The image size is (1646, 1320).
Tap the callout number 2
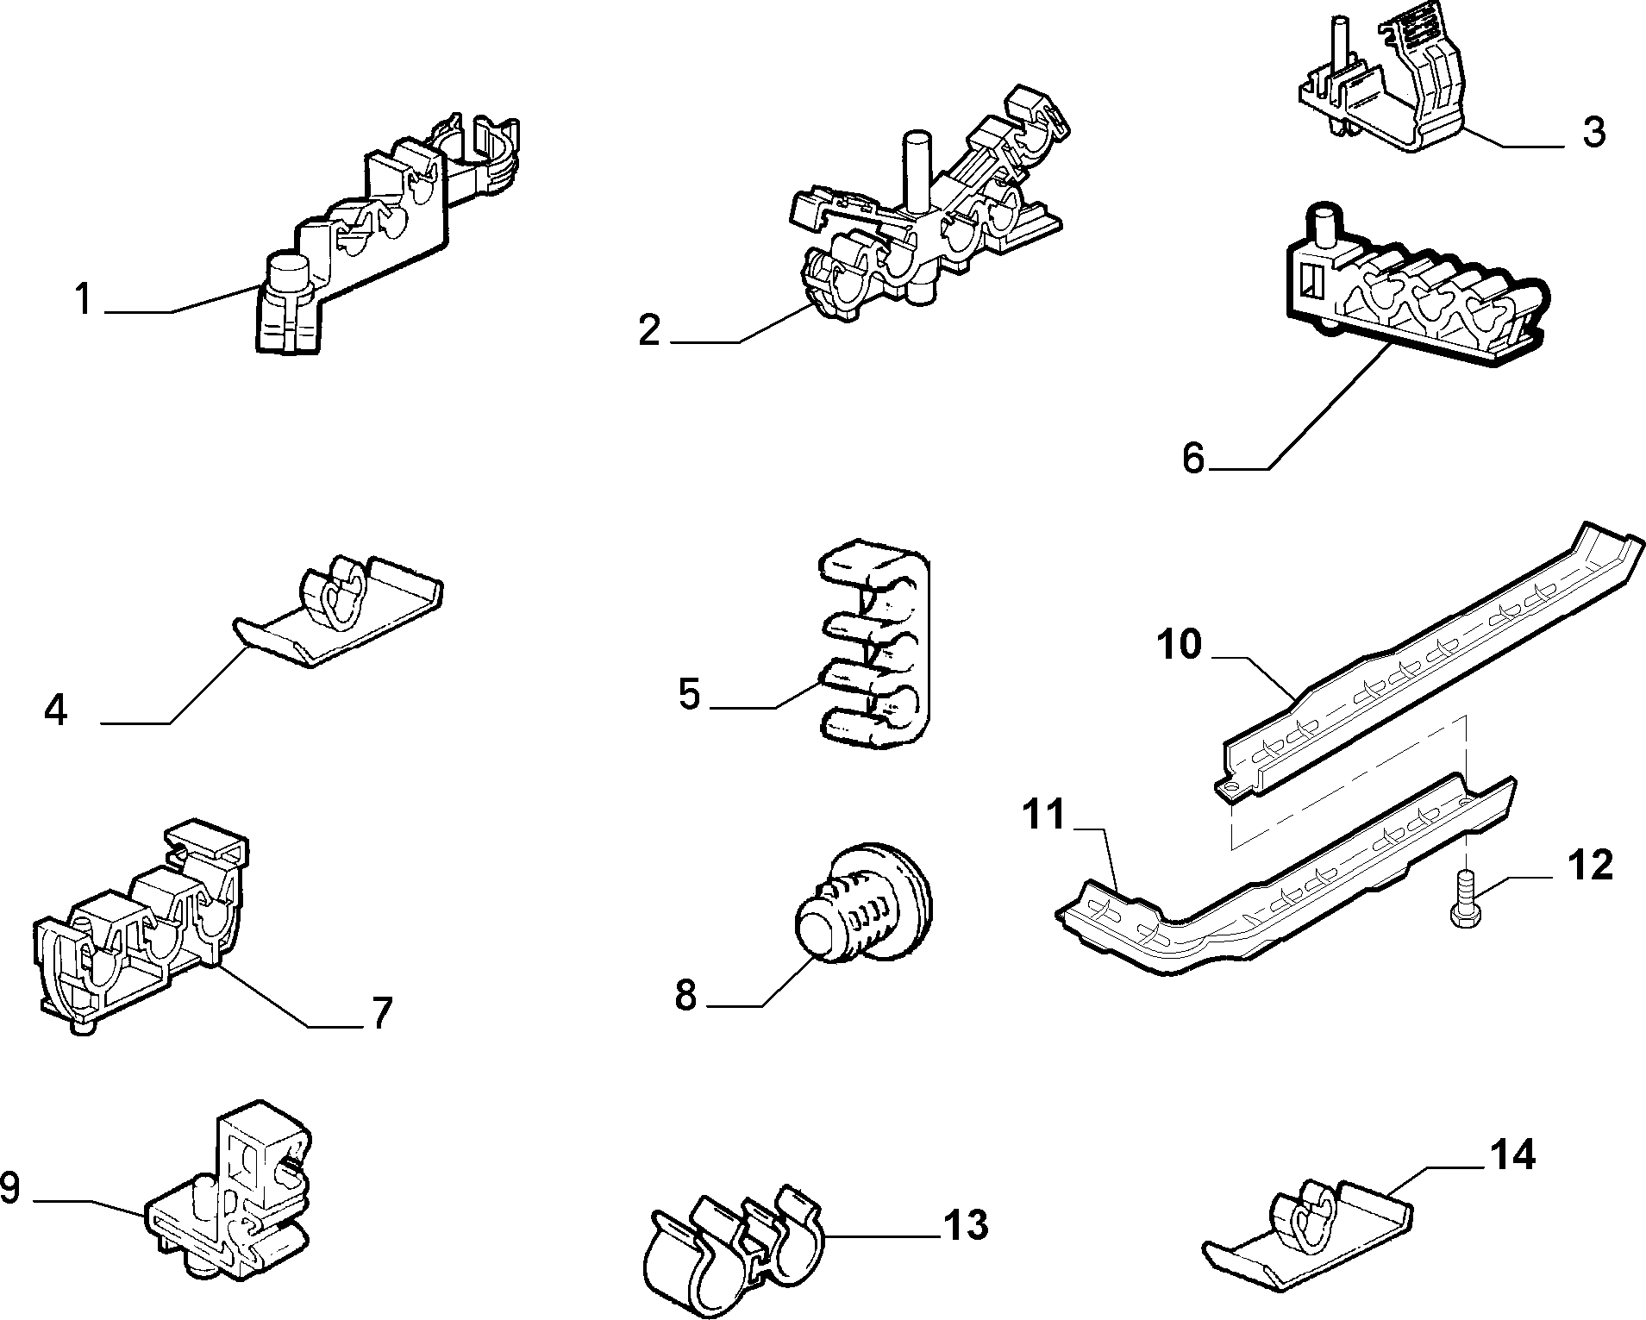[649, 331]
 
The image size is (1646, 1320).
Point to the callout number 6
[1192, 459]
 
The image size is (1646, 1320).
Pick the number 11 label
[1045, 815]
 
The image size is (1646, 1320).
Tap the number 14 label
[1513, 1154]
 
